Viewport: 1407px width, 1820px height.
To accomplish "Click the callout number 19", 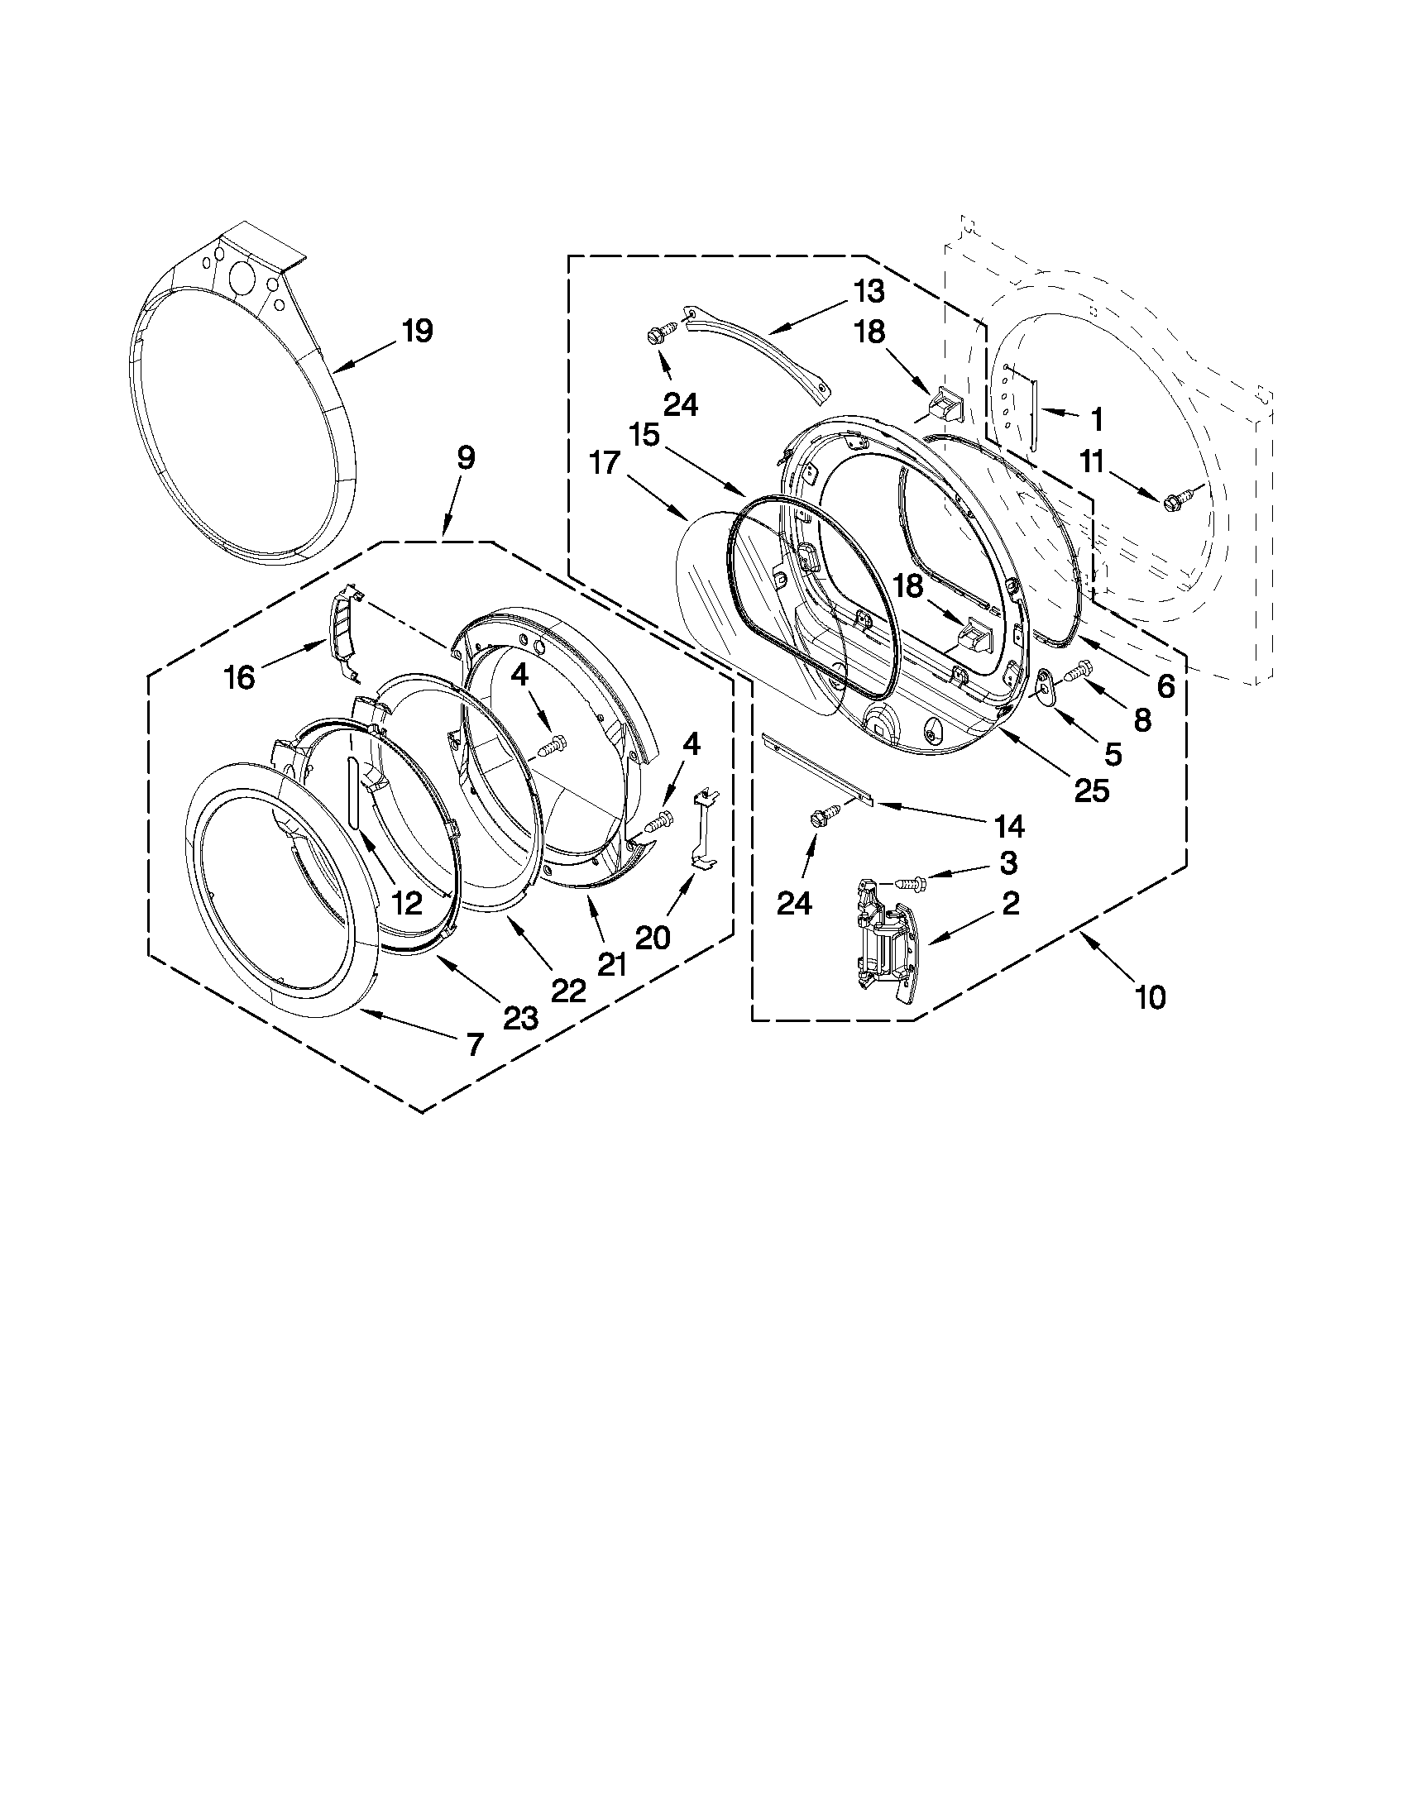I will [x=417, y=332].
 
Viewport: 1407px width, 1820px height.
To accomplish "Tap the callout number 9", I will [x=465, y=457].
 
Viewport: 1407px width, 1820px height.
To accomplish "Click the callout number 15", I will [x=644, y=435].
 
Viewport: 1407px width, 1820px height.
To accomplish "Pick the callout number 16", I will [x=239, y=677].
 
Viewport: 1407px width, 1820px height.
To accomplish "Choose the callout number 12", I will [x=407, y=902].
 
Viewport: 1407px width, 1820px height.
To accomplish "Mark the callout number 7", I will [x=474, y=1044].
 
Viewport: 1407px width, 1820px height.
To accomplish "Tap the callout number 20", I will [x=653, y=938].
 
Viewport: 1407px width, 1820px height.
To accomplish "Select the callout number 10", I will [x=1151, y=996].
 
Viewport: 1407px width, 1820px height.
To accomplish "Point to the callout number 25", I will [x=1091, y=791].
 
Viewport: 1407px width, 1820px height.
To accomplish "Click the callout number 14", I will [x=1008, y=826].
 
